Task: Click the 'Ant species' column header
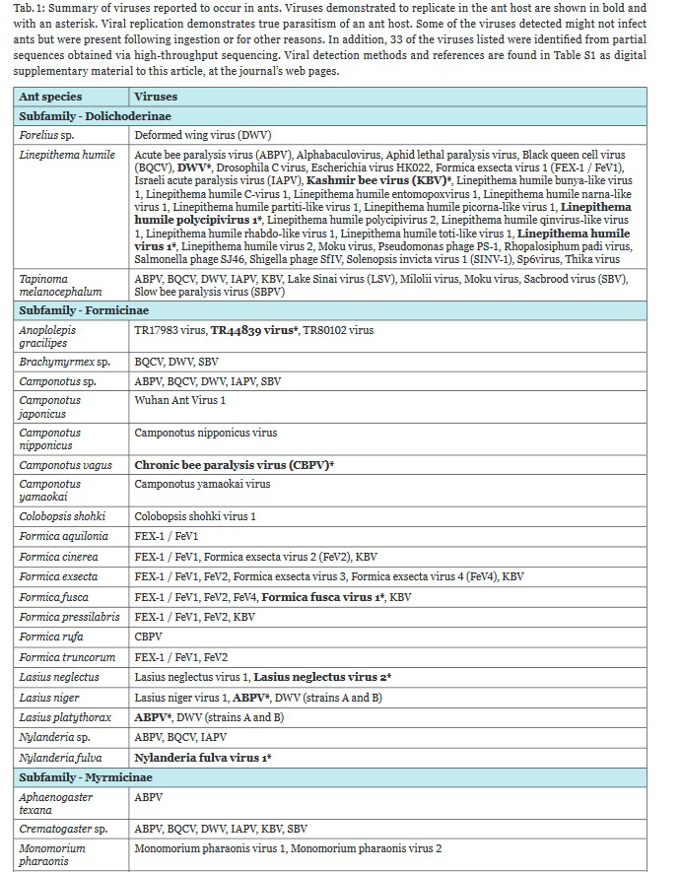[50, 97]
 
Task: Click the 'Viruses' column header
[156, 97]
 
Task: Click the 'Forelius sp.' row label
[46, 135]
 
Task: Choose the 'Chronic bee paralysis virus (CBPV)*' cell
[235, 464]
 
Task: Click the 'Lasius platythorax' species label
[65, 717]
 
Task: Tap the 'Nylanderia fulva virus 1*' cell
[203, 758]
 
